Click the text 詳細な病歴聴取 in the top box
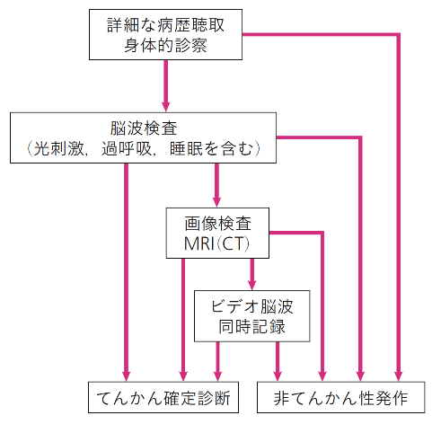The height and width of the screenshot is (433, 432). pyautogui.click(x=165, y=25)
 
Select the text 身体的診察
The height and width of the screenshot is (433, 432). pyautogui.click(x=165, y=45)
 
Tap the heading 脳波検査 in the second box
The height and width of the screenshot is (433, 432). pyautogui.click(x=144, y=128)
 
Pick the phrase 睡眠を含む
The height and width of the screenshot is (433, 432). pyautogui.click(x=211, y=148)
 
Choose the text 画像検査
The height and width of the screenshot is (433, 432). pyautogui.click(x=217, y=224)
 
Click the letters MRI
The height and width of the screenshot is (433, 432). pyautogui.click(x=199, y=243)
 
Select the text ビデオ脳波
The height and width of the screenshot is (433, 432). pyautogui.click(x=251, y=306)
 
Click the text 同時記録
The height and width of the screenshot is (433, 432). pyautogui.click(x=251, y=326)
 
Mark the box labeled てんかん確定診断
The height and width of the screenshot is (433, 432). pyautogui.click(x=163, y=397)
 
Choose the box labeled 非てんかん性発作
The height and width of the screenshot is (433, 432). pyautogui.click(x=341, y=397)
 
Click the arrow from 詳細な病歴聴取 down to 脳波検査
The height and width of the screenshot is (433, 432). pyautogui.click(x=165, y=86)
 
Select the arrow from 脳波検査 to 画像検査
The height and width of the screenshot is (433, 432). pyautogui.click(x=216, y=185)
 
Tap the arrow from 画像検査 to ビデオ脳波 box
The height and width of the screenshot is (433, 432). pyautogui.click(x=252, y=274)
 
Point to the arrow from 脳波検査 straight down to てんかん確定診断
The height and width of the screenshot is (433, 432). pyautogui.click(x=126, y=272)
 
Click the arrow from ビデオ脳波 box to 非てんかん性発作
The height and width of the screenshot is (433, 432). pyautogui.click(x=278, y=361)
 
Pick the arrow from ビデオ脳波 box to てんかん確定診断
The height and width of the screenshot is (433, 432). pyautogui.click(x=217, y=361)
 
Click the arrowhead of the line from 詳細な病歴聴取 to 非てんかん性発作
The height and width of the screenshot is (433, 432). pyautogui.click(x=398, y=376)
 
